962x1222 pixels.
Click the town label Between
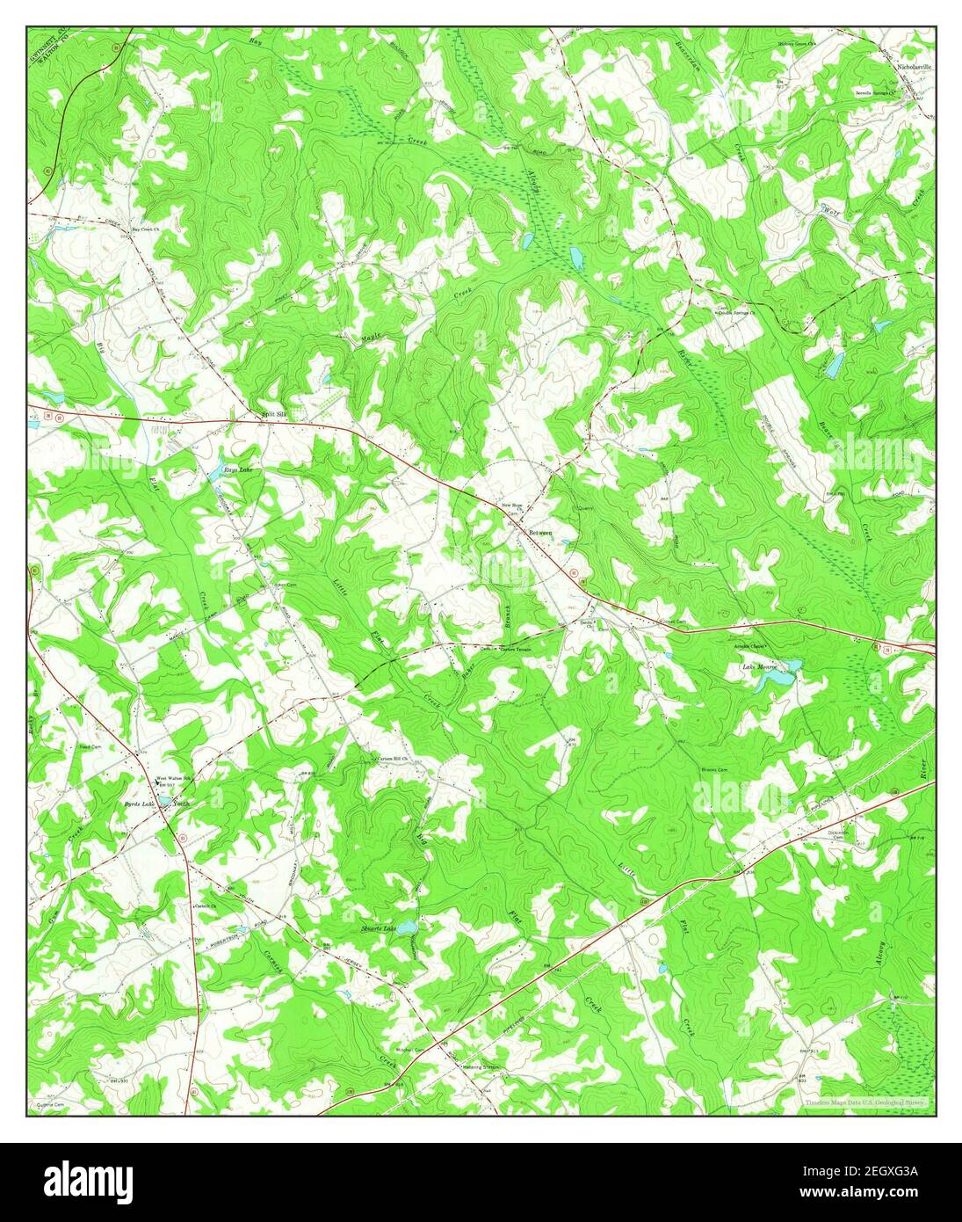(x=540, y=533)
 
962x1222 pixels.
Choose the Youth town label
(x=181, y=804)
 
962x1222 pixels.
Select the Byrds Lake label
(x=139, y=804)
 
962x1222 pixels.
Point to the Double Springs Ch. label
(x=738, y=312)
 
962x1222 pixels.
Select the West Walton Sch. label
(x=174, y=780)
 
